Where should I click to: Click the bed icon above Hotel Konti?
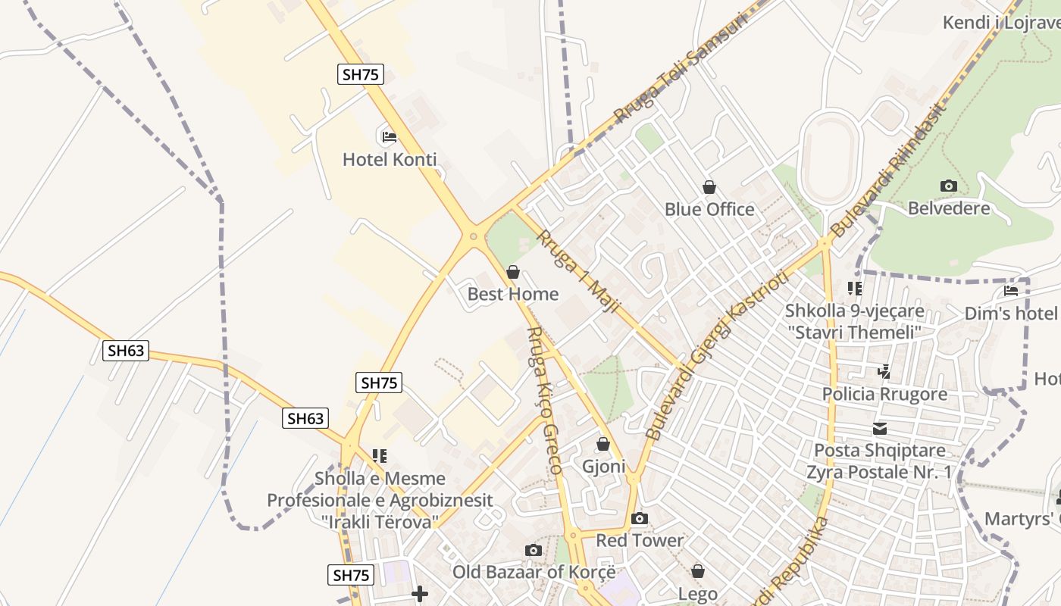coord(389,137)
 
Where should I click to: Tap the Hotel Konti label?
coord(390,160)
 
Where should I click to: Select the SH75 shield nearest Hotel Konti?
coord(361,74)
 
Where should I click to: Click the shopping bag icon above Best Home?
coord(513,272)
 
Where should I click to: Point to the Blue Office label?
coord(709,209)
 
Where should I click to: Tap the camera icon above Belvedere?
coord(948,186)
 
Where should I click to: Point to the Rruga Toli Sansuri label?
coord(681,67)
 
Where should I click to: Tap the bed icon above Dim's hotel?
coord(1011,290)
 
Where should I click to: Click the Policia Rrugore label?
coord(884,394)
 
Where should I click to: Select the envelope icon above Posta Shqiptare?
coord(879,429)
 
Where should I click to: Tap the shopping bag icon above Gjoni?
coord(603,444)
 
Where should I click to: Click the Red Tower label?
coord(640,541)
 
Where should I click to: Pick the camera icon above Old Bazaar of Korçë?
coord(534,551)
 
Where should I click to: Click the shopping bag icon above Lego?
coord(698,571)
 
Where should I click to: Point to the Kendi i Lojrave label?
coord(1000,23)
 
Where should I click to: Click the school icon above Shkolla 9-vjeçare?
coord(855,289)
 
